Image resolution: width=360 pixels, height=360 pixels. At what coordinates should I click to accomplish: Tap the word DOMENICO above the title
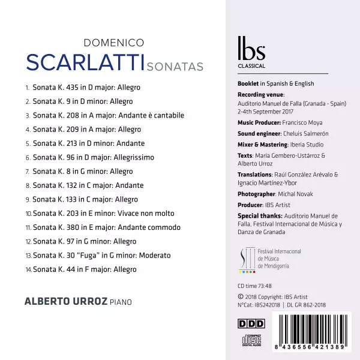(113, 43)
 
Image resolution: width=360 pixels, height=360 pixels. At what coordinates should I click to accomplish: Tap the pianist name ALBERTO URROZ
(66, 301)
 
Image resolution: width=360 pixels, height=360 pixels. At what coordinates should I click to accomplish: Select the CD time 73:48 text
(255, 285)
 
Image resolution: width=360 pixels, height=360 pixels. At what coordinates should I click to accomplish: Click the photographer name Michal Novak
(295, 194)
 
